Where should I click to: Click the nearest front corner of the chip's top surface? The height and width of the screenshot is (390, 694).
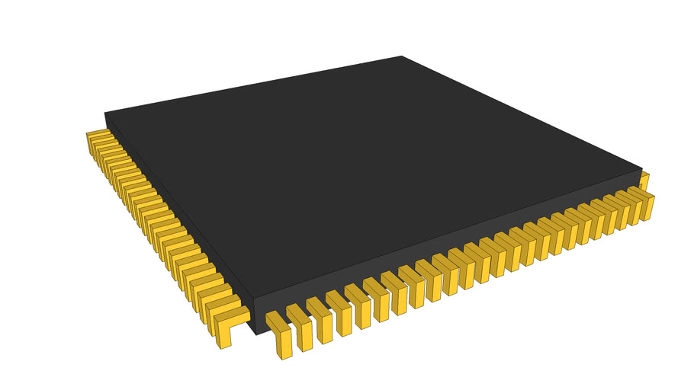[x=252, y=296]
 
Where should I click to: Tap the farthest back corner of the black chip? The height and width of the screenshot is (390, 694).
[x=402, y=56]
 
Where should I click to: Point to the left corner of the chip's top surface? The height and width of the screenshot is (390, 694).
[x=104, y=113]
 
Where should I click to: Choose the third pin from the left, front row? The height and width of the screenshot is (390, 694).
[x=320, y=320]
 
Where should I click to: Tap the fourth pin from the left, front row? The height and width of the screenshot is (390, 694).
[x=340, y=312]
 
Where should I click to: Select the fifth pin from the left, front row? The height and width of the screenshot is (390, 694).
[x=359, y=305]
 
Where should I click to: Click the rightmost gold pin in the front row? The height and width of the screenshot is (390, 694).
[x=645, y=205]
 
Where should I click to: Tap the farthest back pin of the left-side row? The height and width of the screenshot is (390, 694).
[x=95, y=137]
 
